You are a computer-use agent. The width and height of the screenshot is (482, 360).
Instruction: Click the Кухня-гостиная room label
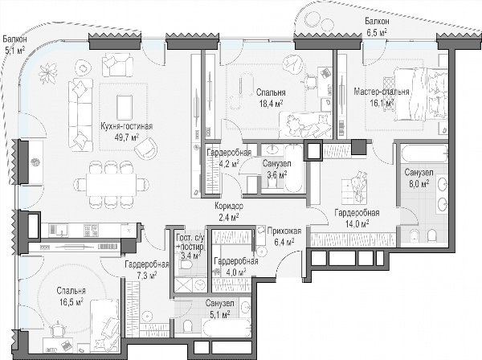pyautogui.click(x=127, y=126)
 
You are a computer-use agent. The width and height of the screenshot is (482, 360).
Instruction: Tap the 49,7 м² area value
pyautogui.click(x=127, y=137)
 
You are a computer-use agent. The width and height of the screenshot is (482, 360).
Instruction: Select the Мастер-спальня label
pyautogui.click(x=381, y=92)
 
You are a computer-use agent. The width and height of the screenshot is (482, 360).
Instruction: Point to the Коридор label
pyautogui.click(x=229, y=206)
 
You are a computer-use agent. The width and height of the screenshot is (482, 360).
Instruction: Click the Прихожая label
pyautogui.click(x=284, y=231)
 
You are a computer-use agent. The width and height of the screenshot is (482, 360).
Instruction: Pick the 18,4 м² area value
pyautogui.click(x=271, y=104)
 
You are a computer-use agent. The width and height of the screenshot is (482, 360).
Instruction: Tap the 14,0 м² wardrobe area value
pyautogui.click(x=357, y=223)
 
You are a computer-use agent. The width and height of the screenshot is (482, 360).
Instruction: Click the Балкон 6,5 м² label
pyautogui.click(x=377, y=27)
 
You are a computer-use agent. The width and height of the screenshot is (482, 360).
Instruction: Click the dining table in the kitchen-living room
pyautogui.click(x=112, y=185)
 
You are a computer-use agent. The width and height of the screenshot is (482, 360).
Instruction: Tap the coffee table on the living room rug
pyautogui.click(x=125, y=108)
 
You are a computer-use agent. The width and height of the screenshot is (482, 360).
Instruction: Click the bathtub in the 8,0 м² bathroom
pyautogui.click(x=424, y=154)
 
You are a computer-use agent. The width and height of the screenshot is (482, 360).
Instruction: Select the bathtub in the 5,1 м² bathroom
pyautogui.click(x=227, y=328)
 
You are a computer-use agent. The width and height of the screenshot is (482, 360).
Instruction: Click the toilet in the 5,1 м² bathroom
pyautogui.click(x=188, y=326)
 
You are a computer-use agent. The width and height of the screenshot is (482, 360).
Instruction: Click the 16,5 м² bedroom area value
pyautogui.click(x=71, y=301)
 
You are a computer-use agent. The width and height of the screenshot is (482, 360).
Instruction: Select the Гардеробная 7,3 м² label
pyautogui.click(x=147, y=270)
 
